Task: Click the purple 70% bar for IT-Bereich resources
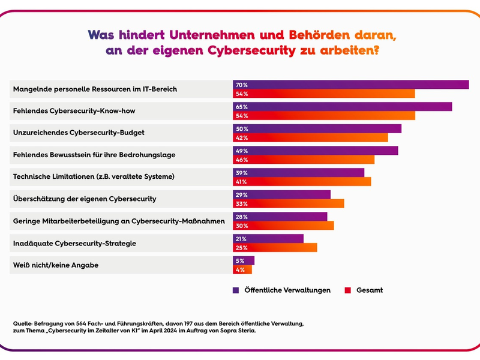point(350,85)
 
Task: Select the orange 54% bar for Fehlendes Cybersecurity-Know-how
point(324,115)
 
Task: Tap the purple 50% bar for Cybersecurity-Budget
point(317,128)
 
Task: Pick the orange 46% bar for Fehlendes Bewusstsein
point(304,160)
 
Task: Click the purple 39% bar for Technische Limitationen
point(298,173)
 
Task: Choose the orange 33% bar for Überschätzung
point(289,203)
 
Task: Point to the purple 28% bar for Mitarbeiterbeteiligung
point(280,217)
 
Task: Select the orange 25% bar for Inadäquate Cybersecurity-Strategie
point(275,247)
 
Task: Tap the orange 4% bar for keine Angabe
point(242,269)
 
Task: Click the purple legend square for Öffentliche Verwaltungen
point(236,290)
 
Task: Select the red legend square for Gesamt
point(347,290)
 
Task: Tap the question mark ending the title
point(376,51)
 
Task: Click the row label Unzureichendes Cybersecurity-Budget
point(79,133)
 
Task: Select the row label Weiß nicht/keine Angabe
point(56,265)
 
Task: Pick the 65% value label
point(242,107)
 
